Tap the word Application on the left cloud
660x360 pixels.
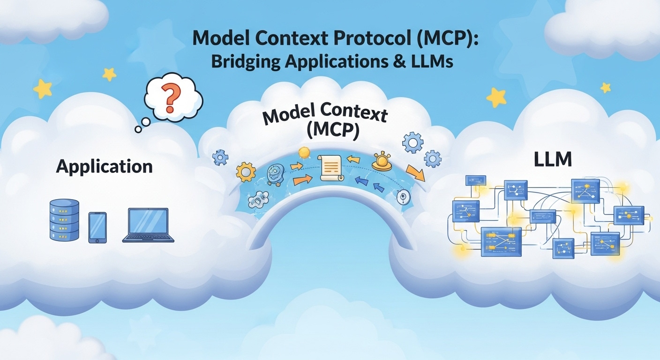click(104, 167)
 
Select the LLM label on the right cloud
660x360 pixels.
click(553, 160)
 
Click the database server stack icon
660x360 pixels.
click(64, 220)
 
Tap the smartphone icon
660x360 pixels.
click(97, 227)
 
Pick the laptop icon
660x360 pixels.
click(148, 225)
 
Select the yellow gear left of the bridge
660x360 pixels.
click(246, 172)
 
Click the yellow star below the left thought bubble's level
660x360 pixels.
click(42, 89)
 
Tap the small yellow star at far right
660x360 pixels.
click(606, 87)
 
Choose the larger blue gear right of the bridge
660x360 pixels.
click(412, 142)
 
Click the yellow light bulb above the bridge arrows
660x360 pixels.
click(304, 153)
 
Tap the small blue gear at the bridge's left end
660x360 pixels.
click(220, 157)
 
